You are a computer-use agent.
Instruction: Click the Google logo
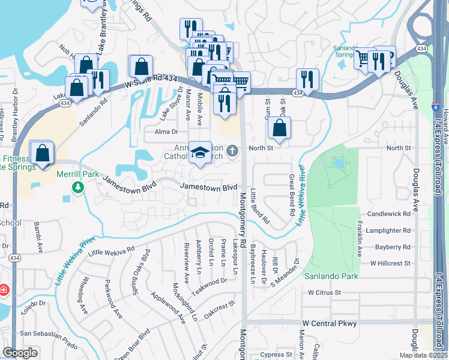point(20,353)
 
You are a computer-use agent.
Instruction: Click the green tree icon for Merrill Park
point(77,188)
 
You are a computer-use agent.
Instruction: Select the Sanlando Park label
point(331,276)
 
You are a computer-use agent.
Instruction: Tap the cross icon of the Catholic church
point(234,150)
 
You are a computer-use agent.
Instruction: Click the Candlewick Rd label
point(390,214)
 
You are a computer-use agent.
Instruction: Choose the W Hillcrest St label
point(390,263)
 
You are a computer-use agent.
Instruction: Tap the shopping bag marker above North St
point(279,127)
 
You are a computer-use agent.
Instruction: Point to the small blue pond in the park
point(338,163)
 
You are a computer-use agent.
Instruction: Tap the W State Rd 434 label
point(151,81)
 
